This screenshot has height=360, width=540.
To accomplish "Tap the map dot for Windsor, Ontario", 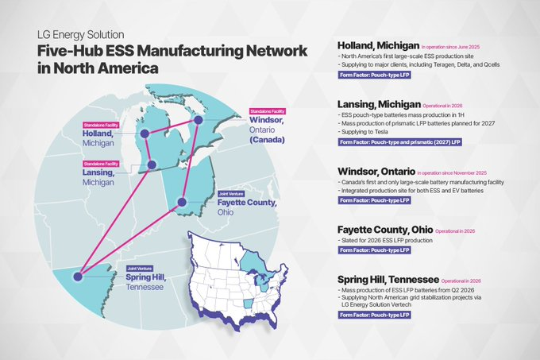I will (198, 120).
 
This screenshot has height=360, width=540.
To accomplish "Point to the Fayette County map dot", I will (182, 203).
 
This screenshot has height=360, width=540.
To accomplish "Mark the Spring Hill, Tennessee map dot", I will (78, 277).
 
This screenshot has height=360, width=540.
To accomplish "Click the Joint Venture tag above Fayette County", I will (232, 194).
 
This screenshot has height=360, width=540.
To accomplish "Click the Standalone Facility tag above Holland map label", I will (98, 125).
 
